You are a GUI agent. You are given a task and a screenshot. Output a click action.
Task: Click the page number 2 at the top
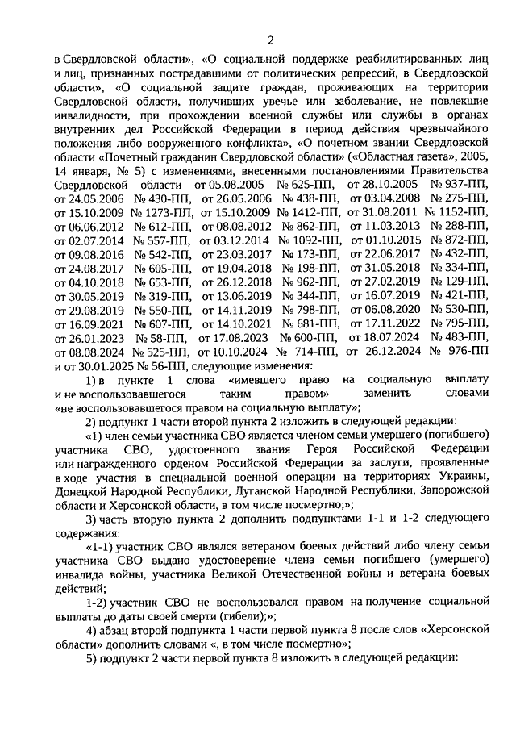(x=271, y=41)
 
